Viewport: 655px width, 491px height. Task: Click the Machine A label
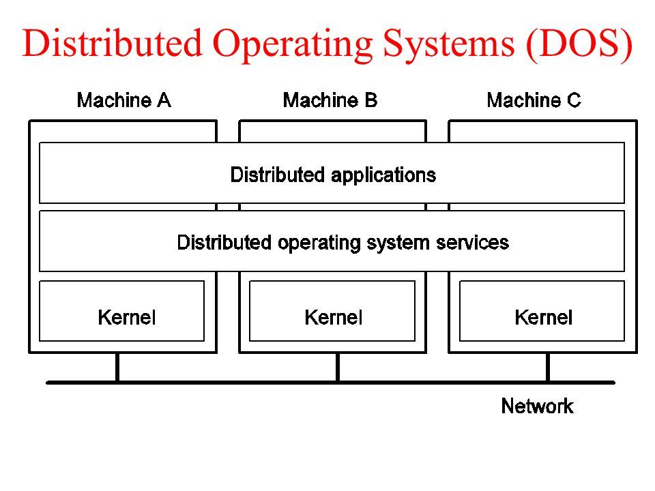coord(123,101)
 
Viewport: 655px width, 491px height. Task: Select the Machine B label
coord(330,101)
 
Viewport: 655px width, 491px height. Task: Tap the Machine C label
coord(534,101)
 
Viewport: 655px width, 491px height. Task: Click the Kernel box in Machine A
coord(122,311)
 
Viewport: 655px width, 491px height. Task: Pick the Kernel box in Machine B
coord(332,311)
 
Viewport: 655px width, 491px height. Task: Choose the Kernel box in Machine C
coord(542,311)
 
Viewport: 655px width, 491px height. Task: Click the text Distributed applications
coord(333,175)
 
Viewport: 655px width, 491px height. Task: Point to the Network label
coord(537,407)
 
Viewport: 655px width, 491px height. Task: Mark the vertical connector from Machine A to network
coord(117,368)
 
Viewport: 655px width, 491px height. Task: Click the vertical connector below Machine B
coord(337,368)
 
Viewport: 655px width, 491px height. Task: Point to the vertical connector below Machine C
coord(547,368)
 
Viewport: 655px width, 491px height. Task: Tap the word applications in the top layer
coord(383,175)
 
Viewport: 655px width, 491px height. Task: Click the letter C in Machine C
coord(573,101)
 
